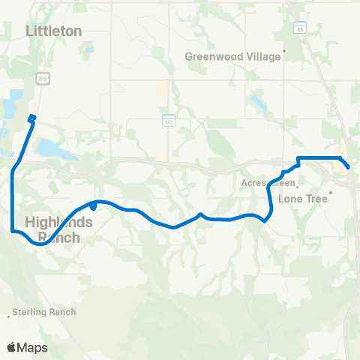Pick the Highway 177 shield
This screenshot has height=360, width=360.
click(x=168, y=120)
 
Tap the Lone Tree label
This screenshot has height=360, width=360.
click(x=302, y=199)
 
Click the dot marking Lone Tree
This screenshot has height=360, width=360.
click(x=331, y=191)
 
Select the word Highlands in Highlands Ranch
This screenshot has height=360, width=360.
click(x=58, y=222)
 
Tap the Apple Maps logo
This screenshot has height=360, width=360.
click(x=27, y=347)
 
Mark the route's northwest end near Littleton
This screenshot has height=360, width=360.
click(x=32, y=117)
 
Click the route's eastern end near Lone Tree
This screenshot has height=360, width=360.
click(x=347, y=166)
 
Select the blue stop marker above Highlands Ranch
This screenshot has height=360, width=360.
click(x=92, y=205)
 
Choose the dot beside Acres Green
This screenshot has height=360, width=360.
click(x=298, y=182)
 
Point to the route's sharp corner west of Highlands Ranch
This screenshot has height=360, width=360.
click(x=13, y=231)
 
